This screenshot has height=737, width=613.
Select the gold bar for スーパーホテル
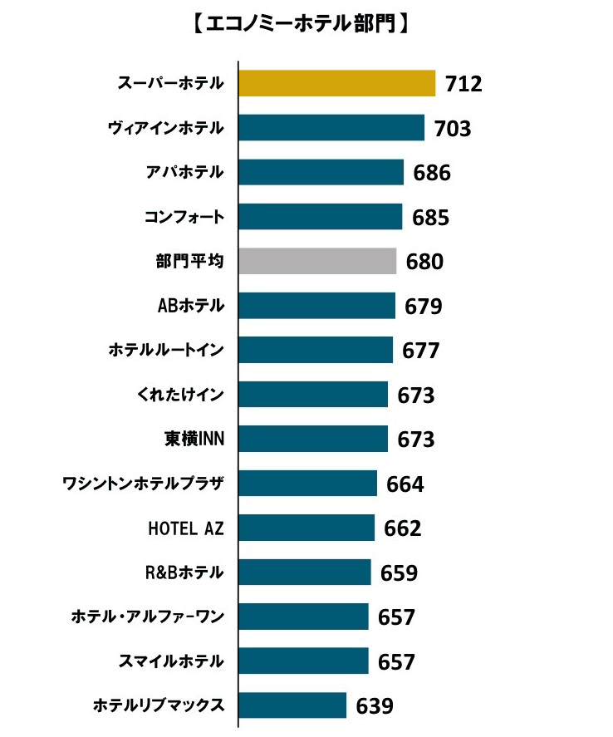tap(336, 83)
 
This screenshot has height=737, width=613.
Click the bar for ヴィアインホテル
tap(331, 128)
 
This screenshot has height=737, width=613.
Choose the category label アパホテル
tap(184, 173)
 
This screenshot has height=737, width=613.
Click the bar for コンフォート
tap(321, 217)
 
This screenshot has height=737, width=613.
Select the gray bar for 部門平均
tap(317, 261)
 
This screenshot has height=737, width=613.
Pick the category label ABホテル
tap(191, 306)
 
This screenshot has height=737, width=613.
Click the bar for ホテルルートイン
tap(316, 350)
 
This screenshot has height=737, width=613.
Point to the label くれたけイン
tap(175, 394)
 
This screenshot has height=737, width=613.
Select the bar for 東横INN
tap(313, 438)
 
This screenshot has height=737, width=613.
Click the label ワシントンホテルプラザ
tap(144, 483)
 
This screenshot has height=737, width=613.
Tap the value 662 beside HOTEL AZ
tap(403, 528)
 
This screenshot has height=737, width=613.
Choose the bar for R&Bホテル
tap(305, 572)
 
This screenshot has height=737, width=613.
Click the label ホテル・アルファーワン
tap(148, 617)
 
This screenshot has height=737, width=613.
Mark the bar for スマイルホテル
tap(303, 661)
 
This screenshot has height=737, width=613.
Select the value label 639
tap(375, 706)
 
